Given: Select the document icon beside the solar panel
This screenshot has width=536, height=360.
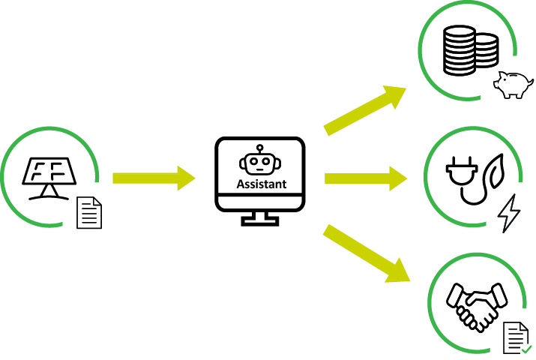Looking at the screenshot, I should coord(89,214).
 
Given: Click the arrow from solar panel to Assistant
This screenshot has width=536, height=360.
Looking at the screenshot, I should coord(154,178).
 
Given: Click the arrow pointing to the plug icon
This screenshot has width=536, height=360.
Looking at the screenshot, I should coord(366,178).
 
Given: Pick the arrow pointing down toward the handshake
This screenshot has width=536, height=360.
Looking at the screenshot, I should coord(367,253).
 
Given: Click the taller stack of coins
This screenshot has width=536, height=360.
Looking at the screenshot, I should coord(459,49).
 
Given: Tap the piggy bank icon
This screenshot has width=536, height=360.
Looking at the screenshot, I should coord(513,85).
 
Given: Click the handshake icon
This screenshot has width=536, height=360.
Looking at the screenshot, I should coord(475,304).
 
